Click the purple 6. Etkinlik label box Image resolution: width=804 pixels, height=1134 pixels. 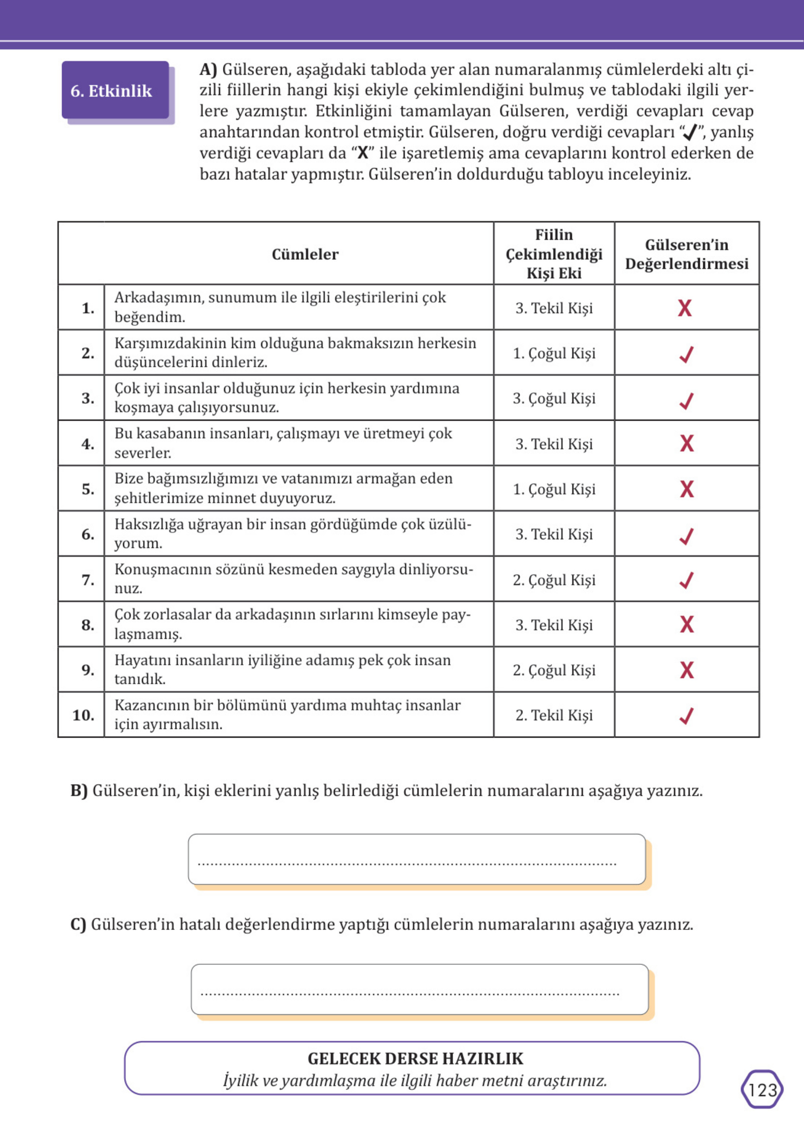(x=115, y=91)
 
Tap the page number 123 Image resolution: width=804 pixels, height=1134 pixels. (x=762, y=1089)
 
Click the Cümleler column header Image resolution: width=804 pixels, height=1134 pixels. (x=305, y=254)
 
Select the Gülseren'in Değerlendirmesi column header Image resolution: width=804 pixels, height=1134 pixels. (x=686, y=254)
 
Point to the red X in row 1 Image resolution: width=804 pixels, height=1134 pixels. (x=685, y=308)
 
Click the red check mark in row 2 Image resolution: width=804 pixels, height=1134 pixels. (x=686, y=354)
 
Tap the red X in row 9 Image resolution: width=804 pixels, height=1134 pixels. (x=687, y=670)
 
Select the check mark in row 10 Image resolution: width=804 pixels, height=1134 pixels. (x=686, y=715)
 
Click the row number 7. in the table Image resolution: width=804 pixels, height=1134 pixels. (x=88, y=580)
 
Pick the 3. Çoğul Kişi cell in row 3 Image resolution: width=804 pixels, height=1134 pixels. (x=553, y=398)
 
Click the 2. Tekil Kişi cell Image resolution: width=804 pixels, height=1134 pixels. (x=553, y=715)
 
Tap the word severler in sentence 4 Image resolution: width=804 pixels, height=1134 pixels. (x=142, y=453)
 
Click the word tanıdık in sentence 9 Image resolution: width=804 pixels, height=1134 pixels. (x=140, y=679)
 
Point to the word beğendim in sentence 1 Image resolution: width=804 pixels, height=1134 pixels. (x=150, y=317)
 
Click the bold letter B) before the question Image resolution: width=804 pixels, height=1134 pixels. (x=79, y=790)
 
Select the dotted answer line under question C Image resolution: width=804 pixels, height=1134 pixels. (x=410, y=993)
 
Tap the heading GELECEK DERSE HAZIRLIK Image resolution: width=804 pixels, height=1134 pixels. (x=415, y=1058)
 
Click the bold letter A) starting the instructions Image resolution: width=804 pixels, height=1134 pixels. (x=208, y=69)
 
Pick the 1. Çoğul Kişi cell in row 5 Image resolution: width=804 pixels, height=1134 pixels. (x=553, y=489)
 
